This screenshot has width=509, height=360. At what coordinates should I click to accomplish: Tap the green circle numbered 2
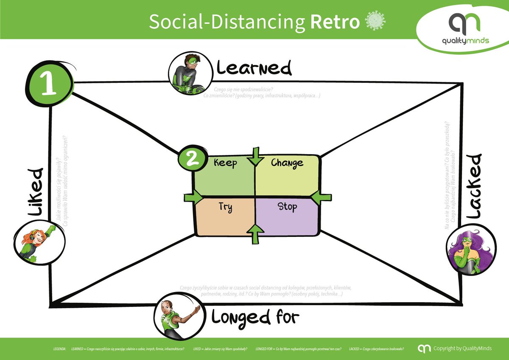(191, 158)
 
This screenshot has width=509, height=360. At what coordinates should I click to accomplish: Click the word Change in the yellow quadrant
(287, 163)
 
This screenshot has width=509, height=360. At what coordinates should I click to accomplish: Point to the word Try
(225, 207)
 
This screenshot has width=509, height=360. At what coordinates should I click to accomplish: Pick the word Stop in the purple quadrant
(287, 207)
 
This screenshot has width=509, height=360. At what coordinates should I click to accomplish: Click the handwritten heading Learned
(254, 68)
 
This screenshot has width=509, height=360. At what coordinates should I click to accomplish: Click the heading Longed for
(255, 317)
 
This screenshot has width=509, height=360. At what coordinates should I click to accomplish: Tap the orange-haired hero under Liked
(39, 242)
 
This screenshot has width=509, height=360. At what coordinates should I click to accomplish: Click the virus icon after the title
(375, 21)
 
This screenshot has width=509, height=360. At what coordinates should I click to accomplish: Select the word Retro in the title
(335, 22)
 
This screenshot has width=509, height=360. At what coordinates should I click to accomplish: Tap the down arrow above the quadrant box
(255, 156)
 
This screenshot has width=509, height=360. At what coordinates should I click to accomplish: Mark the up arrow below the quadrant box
(255, 233)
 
